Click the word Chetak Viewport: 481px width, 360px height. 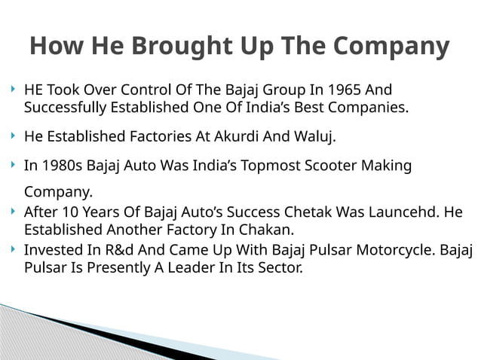click(306, 212)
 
